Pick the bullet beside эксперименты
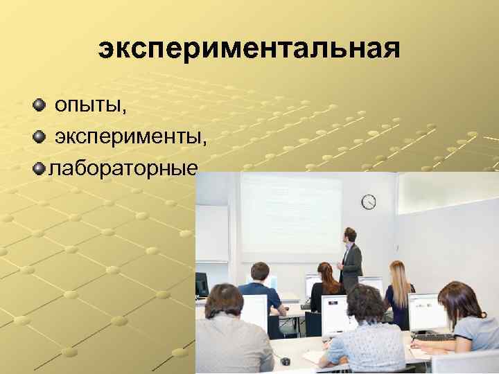click(x=39, y=136)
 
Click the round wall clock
click(x=369, y=202)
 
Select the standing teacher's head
click(x=350, y=234)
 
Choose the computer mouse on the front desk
click(x=285, y=361)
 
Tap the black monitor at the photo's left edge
click(x=202, y=284)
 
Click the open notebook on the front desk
click(x=315, y=357)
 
